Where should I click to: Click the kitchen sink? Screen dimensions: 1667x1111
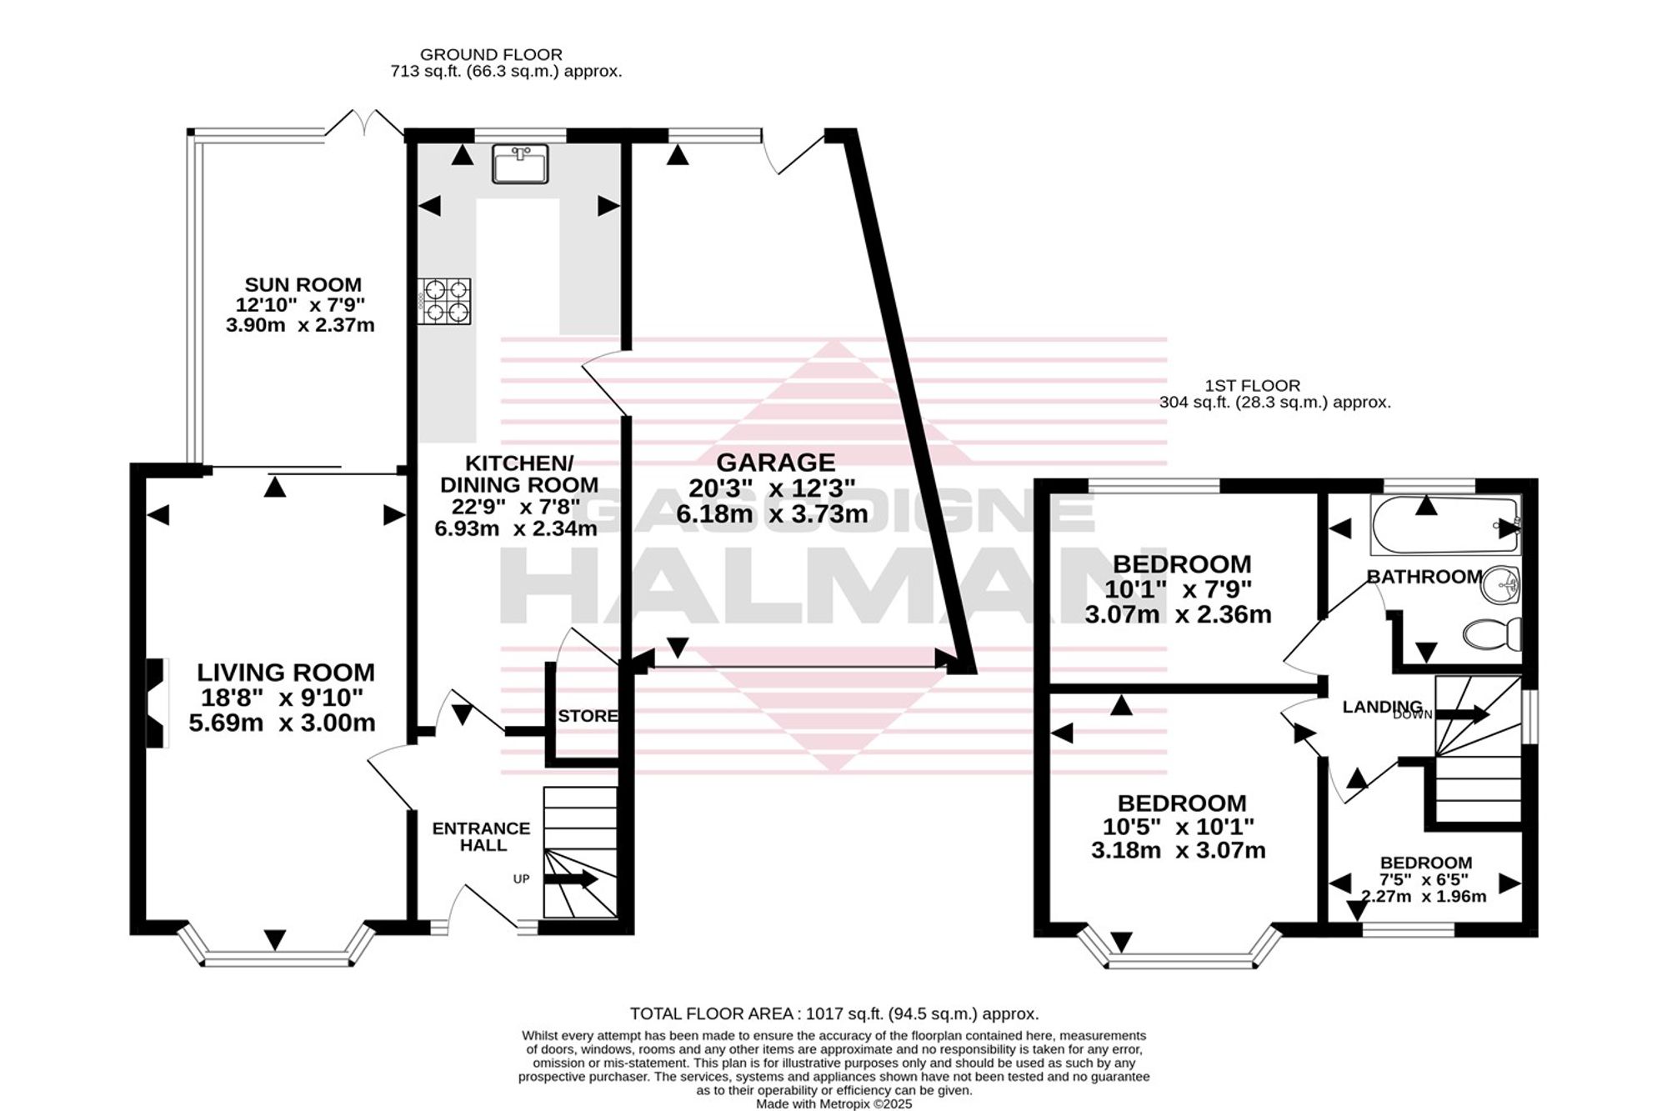(x=520, y=163)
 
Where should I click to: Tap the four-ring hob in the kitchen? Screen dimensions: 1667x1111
(x=444, y=301)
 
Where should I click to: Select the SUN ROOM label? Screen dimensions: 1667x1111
(x=303, y=285)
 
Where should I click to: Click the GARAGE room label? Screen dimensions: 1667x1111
(x=775, y=462)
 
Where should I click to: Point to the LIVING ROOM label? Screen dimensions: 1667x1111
(x=286, y=672)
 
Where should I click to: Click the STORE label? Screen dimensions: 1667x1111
(x=588, y=716)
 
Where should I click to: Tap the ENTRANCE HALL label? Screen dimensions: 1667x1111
(x=482, y=837)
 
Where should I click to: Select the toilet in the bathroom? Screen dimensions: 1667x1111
(x=1493, y=635)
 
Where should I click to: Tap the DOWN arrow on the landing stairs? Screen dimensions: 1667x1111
(x=1463, y=714)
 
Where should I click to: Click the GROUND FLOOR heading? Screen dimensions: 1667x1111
(x=491, y=55)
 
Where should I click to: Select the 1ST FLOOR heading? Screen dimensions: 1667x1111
(x=1252, y=386)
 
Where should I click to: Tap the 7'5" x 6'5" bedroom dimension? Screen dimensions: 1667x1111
(x=1424, y=879)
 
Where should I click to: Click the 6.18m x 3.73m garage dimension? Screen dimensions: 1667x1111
(x=772, y=514)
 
